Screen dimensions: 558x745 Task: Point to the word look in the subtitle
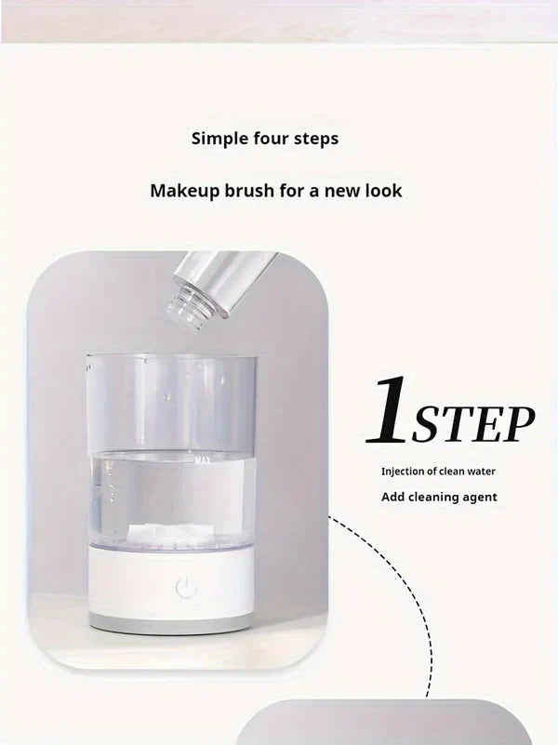383,191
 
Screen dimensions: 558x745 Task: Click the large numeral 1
387,410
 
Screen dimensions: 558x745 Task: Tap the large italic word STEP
473,424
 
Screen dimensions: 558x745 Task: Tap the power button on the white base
186,587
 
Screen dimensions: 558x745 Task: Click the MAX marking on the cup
203,459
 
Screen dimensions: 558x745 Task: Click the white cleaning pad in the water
162,531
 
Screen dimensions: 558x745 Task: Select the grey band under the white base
170,623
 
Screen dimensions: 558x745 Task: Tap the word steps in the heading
316,139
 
